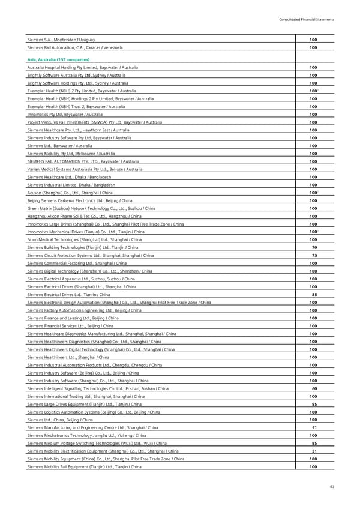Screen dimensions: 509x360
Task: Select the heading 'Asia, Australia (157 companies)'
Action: (58, 60)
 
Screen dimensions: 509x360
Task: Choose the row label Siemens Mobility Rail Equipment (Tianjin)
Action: (85, 466)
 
